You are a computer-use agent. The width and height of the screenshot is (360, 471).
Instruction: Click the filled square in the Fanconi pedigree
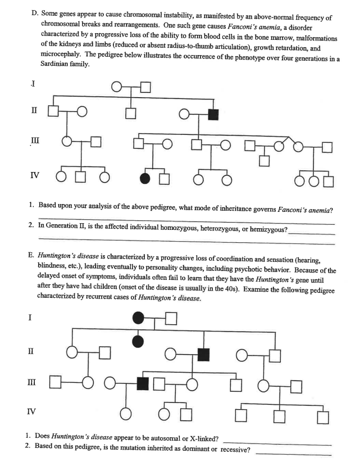(x=213, y=115)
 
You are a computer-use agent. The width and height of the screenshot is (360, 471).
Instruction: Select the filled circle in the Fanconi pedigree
(x=145, y=179)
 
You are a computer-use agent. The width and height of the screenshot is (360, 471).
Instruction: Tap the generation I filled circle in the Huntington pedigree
(x=138, y=319)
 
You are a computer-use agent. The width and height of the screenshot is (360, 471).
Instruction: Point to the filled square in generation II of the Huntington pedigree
(x=203, y=354)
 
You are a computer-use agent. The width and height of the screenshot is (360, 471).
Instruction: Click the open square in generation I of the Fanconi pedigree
(x=146, y=87)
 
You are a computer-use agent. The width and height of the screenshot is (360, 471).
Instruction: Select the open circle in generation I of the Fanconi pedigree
(x=117, y=87)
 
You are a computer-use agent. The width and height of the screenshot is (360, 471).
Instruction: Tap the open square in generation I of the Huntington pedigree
(x=171, y=319)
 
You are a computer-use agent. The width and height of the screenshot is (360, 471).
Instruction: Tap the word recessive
(x=235, y=451)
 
